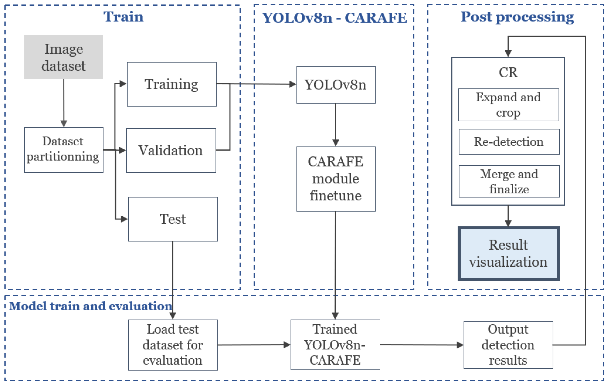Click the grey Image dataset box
coord(63,57)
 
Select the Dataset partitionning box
coord(64,150)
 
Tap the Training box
coord(172,84)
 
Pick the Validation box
coord(171,151)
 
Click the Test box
coord(173,219)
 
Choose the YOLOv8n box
coord(336,85)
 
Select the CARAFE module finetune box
coord(336,179)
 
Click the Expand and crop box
coord(508,104)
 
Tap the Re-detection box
coord(509,142)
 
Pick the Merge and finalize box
coord(509,181)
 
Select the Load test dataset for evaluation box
coord(173,345)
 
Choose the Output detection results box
coord(508,345)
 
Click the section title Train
coord(123,17)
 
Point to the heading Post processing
coord(517,17)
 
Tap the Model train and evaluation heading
coord(91,306)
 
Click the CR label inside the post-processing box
coord(508,72)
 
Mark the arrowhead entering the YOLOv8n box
coord(292,84)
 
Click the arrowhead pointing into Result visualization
coord(508,223)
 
